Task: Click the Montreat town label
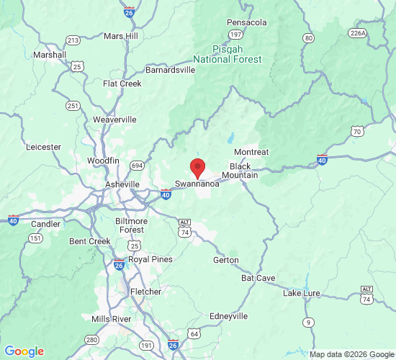(251, 152)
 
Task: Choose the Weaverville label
(114, 120)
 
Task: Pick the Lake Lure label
(302, 293)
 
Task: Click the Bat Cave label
(258, 277)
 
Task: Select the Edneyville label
(228, 316)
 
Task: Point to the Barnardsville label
(170, 71)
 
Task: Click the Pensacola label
(247, 22)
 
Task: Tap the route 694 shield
(137, 166)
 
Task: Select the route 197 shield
(235, 35)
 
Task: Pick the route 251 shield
(72, 106)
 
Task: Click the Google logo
(24, 351)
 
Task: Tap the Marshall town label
(50, 54)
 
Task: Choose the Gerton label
(226, 260)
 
